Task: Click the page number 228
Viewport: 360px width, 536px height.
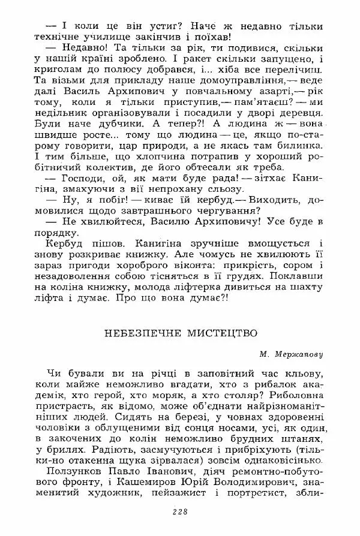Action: (x=180, y=511)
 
